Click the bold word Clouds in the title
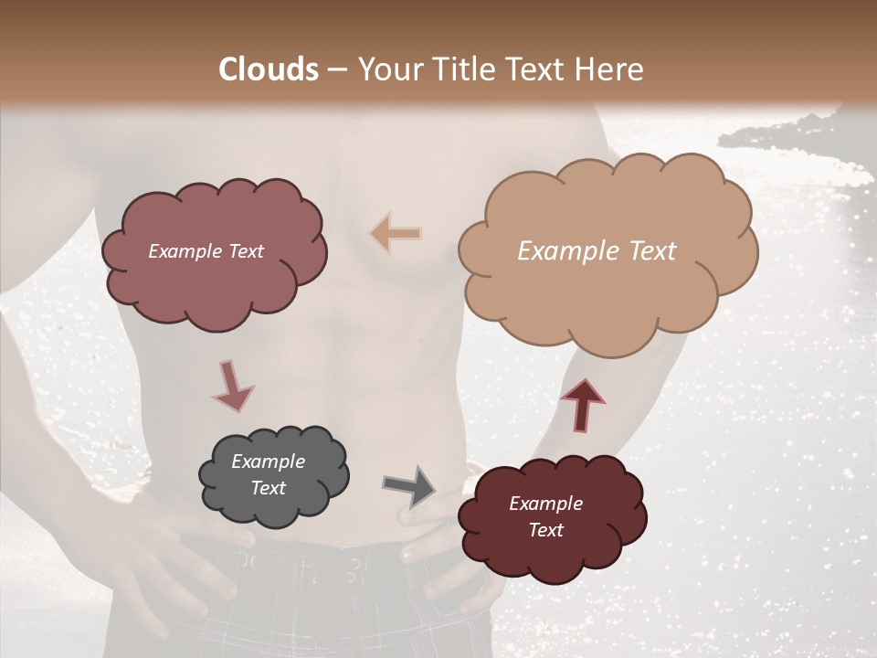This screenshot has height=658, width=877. [269, 69]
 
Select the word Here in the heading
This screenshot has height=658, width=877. [610, 69]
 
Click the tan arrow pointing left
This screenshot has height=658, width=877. [396, 234]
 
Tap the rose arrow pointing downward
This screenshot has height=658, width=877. [232, 384]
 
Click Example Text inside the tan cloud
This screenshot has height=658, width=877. [597, 251]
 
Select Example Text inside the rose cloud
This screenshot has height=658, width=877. [206, 251]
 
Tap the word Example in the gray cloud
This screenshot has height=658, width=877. [268, 462]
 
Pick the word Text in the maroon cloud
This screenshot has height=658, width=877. [545, 530]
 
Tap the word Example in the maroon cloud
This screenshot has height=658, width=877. [545, 504]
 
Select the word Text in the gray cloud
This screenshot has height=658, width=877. [268, 488]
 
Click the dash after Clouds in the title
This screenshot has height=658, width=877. [336, 69]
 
